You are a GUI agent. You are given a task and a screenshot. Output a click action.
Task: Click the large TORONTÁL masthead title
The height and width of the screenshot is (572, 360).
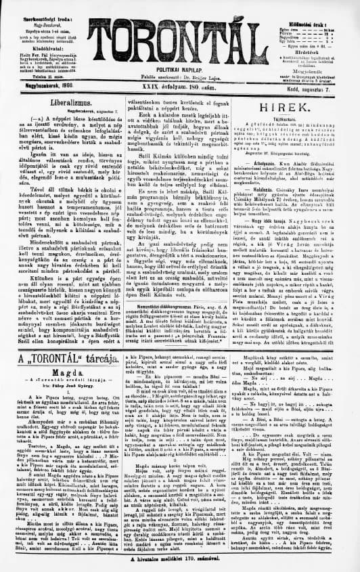click(179, 30)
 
